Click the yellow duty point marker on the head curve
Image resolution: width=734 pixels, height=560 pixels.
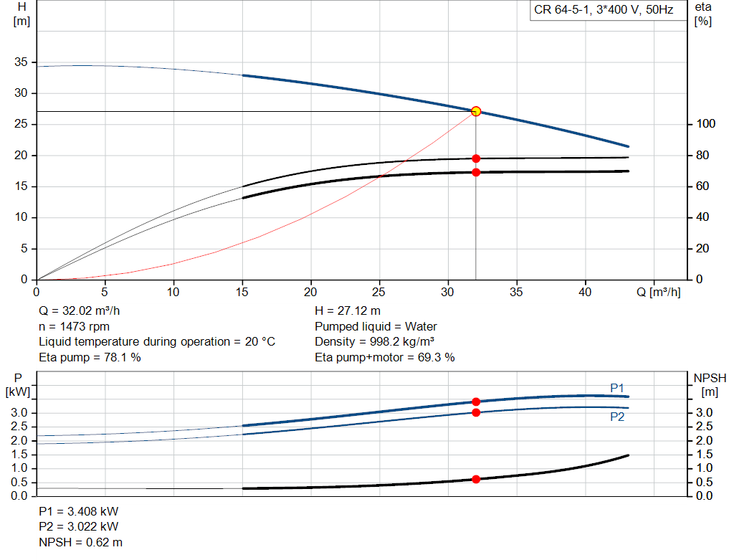(476, 111)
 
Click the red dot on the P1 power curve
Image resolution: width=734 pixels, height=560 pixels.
(476, 402)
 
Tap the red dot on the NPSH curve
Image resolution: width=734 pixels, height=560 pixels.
(476, 479)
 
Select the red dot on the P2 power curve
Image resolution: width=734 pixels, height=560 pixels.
(476, 412)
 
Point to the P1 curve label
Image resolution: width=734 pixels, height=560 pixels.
(617, 388)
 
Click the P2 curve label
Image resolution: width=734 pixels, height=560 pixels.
(617, 417)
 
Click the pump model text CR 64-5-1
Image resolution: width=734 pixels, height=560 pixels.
(561, 10)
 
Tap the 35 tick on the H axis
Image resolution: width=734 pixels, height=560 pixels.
(21, 62)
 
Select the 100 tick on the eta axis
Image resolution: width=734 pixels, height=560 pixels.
(705, 123)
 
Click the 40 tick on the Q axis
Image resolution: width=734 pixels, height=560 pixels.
(585, 292)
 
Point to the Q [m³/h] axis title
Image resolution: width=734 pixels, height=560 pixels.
(658, 292)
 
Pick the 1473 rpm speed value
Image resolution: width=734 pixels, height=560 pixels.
(85, 326)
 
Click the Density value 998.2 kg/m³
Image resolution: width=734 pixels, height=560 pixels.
(401, 342)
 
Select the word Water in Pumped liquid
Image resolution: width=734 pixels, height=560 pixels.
(421, 326)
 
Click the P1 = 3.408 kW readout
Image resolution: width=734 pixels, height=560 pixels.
(79, 511)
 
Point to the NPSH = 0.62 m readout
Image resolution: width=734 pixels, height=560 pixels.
(80, 542)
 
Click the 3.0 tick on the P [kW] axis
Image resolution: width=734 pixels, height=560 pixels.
(19, 412)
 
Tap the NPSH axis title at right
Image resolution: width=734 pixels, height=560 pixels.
(710, 379)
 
